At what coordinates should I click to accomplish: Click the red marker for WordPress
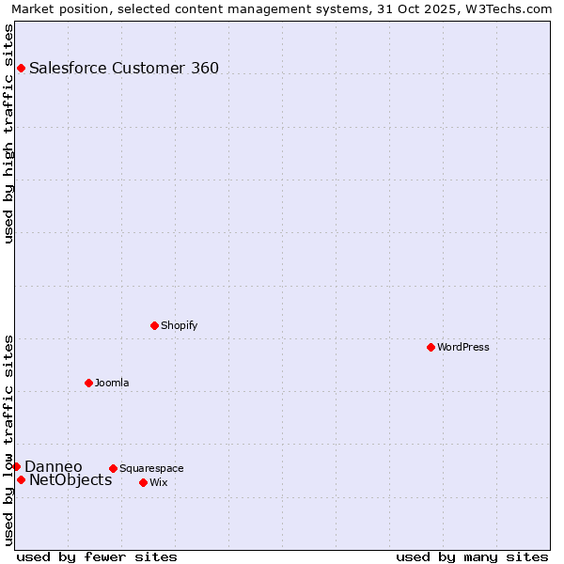pyautogui.click(x=431, y=347)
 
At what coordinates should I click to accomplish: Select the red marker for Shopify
pyautogui.click(x=154, y=325)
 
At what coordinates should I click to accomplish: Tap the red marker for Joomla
pyautogui.click(x=88, y=383)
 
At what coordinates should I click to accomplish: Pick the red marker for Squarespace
pyautogui.click(x=113, y=468)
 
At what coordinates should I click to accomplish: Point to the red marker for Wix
pyautogui.click(x=143, y=482)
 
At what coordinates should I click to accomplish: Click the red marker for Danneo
pyautogui.click(x=16, y=466)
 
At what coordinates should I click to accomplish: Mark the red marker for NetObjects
pyautogui.click(x=21, y=479)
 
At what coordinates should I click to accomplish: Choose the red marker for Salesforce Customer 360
pyautogui.click(x=21, y=68)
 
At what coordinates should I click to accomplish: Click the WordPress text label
pyautogui.click(x=463, y=347)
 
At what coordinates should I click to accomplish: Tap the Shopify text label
pyautogui.click(x=180, y=325)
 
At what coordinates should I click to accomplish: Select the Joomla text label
pyautogui.click(x=112, y=383)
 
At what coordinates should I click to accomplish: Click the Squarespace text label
pyautogui.click(x=151, y=468)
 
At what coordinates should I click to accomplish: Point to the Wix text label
pyautogui.click(x=159, y=482)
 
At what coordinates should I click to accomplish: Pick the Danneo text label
pyautogui.click(x=54, y=467)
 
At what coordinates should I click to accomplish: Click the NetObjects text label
pyautogui.click(x=70, y=480)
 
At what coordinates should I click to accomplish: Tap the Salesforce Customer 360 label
pyautogui.click(x=124, y=68)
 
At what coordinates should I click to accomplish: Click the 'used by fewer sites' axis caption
pyautogui.click(x=97, y=556)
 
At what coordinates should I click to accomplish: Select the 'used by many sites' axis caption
pyautogui.click(x=472, y=556)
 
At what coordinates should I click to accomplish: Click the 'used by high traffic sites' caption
pyautogui.click(x=8, y=133)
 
